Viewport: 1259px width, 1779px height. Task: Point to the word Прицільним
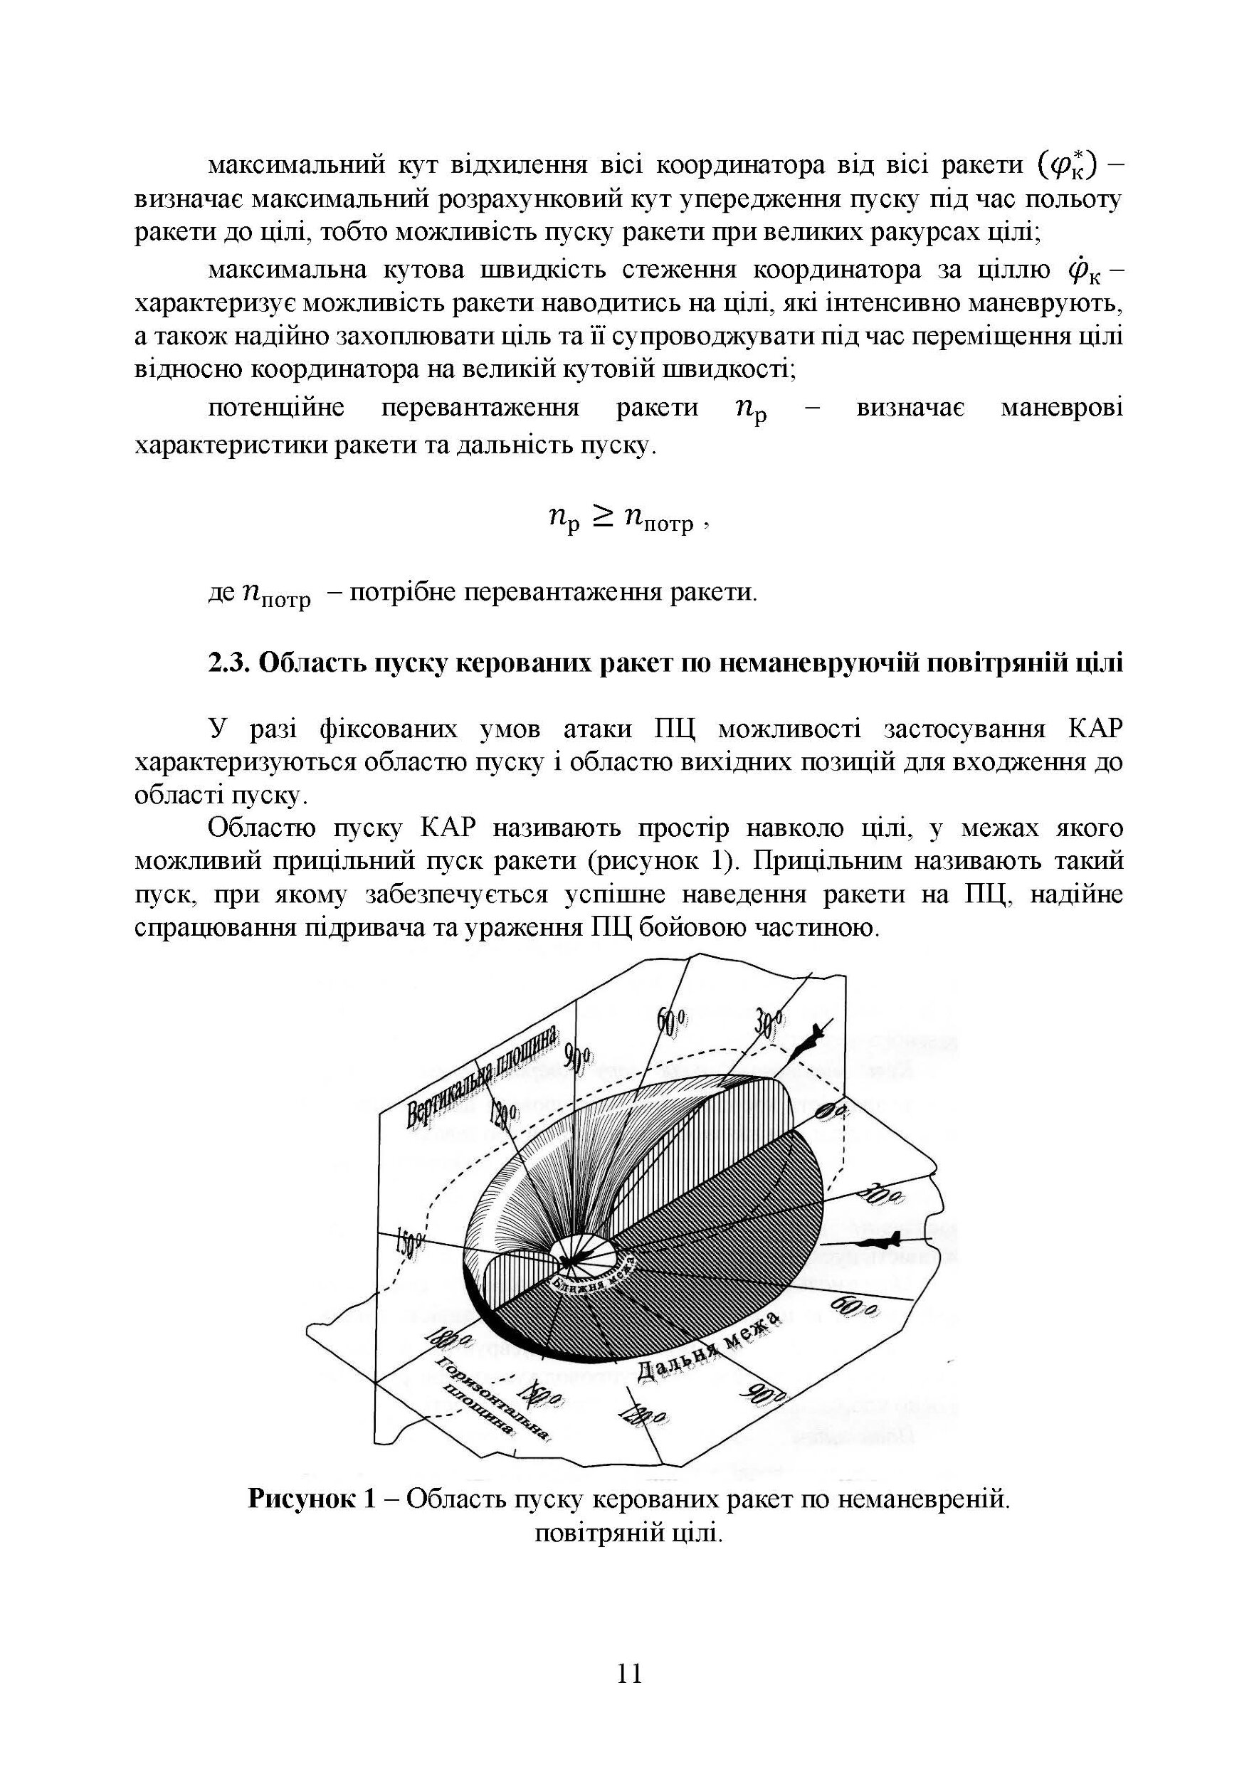click(x=823, y=861)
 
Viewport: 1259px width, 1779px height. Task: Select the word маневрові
click(x=1061, y=408)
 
